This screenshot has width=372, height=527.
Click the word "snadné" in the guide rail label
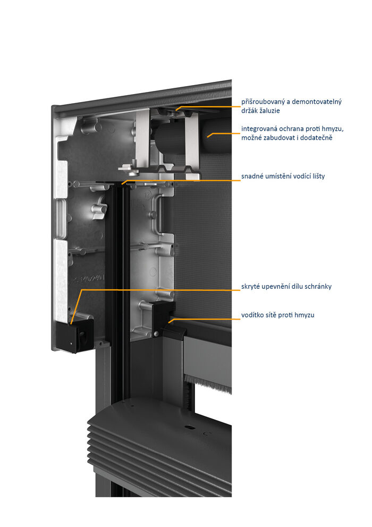253,177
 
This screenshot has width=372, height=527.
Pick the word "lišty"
317,177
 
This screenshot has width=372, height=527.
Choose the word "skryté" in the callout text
251,287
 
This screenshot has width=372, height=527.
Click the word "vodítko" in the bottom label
253,315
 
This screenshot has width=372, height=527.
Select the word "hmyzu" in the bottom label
304,315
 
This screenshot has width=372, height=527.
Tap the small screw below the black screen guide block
156,333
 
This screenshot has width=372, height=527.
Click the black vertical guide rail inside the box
118,266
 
